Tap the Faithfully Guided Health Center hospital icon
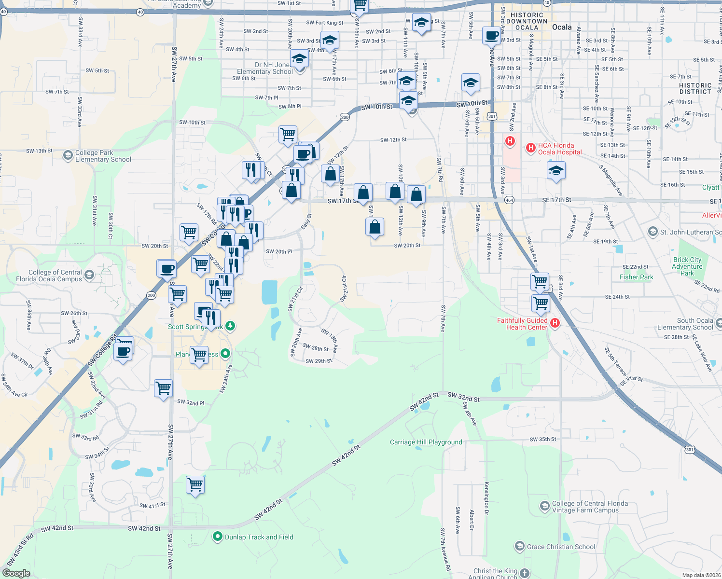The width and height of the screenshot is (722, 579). pyautogui.click(x=555, y=323)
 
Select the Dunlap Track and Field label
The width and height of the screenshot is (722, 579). pyautogui.click(x=259, y=537)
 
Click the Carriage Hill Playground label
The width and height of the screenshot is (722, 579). pyautogui.click(x=426, y=442)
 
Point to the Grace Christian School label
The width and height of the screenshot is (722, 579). pyautogui.click(x=561, y=547)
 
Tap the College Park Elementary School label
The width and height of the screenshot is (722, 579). pyautogui.click(x=103, y=156)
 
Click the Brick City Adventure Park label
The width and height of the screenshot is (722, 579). pyautogui.click(x=687, y=266)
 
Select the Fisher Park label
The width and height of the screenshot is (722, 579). pyautogui.click(x=636, y=277)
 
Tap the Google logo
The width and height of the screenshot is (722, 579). pyautogui.click(x=16, y=573)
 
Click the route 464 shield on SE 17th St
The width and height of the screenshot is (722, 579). pyautogui.click(x=509, y=200)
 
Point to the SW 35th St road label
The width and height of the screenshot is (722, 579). pyautogui.click(x=542, y=440)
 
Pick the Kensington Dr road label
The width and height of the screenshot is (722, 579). pyautogui.click(x=486, y=498)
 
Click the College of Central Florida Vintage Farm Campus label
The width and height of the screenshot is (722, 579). pyautogui.click(x=590, y=507)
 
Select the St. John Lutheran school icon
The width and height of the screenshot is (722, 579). pyautogui.click(x=653, y=232)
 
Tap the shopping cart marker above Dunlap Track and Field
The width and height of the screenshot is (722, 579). pyautogui.click(x=195, y=484)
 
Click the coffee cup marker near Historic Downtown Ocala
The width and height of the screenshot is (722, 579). pyautogui.click(x=491, y=36)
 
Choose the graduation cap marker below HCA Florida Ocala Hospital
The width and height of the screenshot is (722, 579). pyautogui.click(x=556, y=171)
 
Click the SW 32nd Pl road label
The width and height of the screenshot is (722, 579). pyautogui.click(x=191, y=402)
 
